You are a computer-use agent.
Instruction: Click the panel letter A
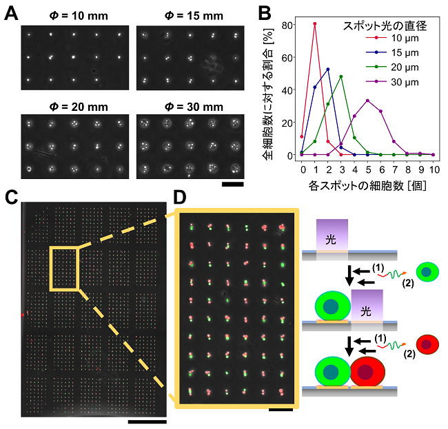point(12,13)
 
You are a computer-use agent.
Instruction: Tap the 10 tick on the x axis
point(434,168)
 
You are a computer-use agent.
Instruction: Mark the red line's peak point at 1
point(315,23)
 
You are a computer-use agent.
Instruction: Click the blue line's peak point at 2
point(328,69)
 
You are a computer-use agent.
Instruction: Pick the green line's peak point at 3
point(341,76)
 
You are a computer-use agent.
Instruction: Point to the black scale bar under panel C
point(147,419)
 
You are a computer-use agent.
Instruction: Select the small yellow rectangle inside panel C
point(64,269)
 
